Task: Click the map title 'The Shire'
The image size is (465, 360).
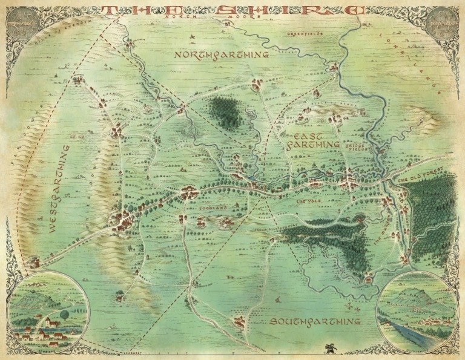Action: pos(233,10)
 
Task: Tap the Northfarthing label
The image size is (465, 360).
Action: pos(222,54)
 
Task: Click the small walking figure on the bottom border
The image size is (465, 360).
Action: pos(332,349)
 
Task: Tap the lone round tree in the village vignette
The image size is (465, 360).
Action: pos(65,314)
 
